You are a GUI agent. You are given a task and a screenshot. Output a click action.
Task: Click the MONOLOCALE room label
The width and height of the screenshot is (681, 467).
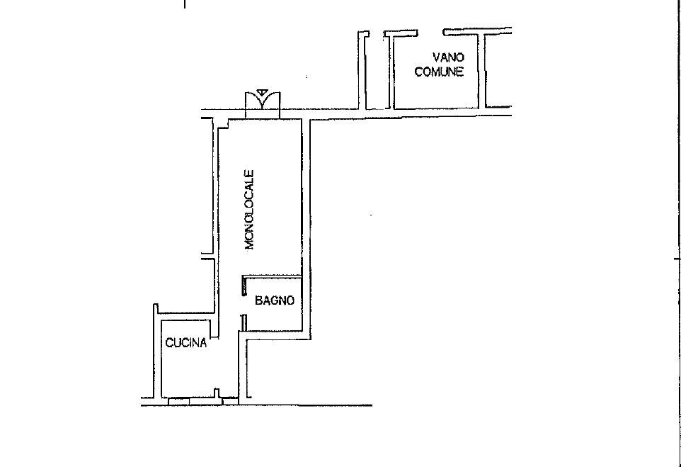pyautogui.click(x=249, y=210)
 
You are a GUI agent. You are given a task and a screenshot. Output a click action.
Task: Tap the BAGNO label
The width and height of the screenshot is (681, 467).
pyautogui.click(x=274, y=300)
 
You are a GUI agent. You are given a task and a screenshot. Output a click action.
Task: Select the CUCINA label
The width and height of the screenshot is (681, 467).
pyautogui.click(x=185, y=344)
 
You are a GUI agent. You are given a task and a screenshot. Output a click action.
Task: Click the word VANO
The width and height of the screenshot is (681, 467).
pyautogui.click(x=448, y=57)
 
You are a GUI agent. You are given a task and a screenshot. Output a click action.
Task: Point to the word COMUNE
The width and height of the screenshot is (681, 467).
pyautogui.click(x=439, y=72)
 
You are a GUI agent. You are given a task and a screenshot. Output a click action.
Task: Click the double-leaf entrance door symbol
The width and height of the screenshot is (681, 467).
pyautogui.click(x=263, y=105)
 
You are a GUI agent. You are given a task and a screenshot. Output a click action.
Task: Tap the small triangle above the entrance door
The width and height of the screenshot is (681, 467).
pyautogui.click(x=263, y=91)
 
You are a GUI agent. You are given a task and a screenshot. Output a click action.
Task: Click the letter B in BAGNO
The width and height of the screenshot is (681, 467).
pyautogui.click(x=259, y=300)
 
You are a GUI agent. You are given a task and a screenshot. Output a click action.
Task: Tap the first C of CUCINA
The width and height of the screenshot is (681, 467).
pyautogui.click(x=169, y=344)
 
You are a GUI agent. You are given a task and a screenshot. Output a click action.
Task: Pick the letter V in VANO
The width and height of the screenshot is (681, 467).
pyautogui.click(x=437, y=57)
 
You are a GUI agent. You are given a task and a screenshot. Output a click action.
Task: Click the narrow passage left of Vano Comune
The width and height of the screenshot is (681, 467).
pyautogui.click(x=377, y=71)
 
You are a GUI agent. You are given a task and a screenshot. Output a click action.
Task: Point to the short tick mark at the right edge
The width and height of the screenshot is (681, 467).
pyautogui.click(x=677, y=260)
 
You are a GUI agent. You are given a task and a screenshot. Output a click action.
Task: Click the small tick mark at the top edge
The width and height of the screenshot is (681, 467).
pyautogui.click(x=185, y=4)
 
